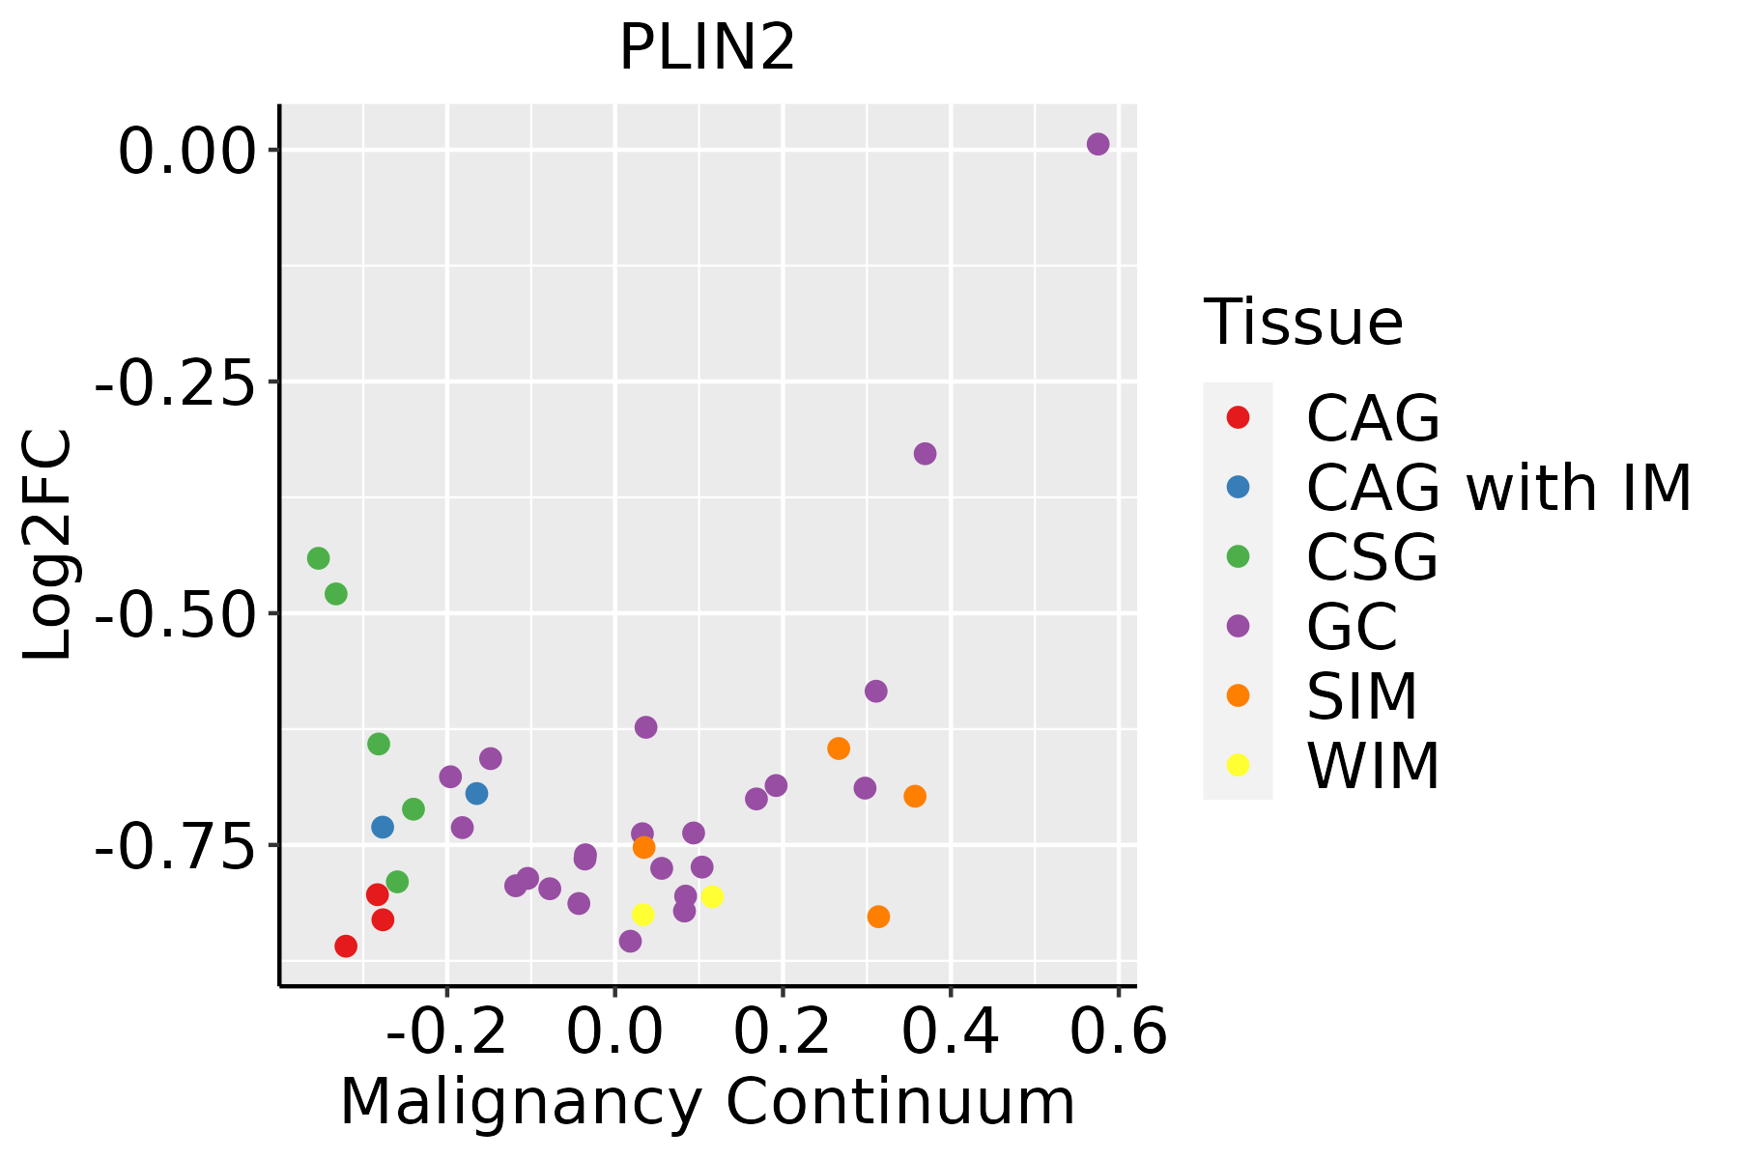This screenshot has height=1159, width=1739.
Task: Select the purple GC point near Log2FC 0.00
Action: (x=1098, y=144)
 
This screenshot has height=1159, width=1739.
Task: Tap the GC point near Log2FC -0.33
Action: (x=925, y=454)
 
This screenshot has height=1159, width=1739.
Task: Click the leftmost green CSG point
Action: (x=318, y=558)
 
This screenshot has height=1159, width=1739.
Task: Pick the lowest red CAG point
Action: (x=346, y=947)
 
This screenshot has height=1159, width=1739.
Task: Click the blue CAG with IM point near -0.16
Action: (x=476, y=794)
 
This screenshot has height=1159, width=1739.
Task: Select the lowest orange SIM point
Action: (x=878, y=917)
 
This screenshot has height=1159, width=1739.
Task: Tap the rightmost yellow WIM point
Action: (x=712, y=896)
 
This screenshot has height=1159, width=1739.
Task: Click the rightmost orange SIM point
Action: (x=915, y=797)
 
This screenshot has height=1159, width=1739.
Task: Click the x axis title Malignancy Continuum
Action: (x=707, y=1103)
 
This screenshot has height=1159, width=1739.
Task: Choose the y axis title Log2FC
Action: (x=48, y=545)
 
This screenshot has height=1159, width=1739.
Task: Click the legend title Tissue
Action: (x=1303, y=323)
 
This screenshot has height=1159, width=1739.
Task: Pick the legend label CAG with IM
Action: (x=1498, y=488)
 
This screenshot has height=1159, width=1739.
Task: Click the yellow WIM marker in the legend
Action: (x=1238, y=765)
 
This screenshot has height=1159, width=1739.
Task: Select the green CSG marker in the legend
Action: (x=1238, y=556)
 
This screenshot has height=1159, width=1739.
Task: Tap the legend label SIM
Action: (x=1361, y=696)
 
